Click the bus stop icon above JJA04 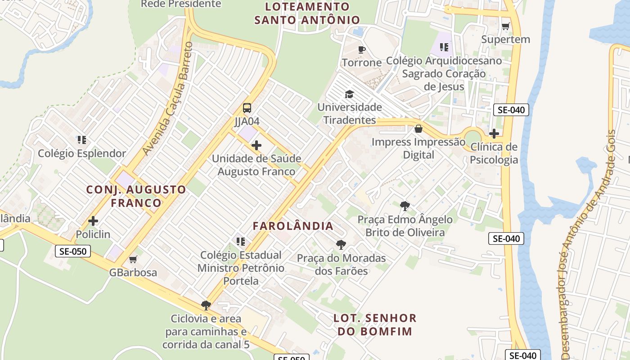pyautogui.click(x=247, y=108)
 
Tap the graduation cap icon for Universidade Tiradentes pyautogui.click(x=349, y=94)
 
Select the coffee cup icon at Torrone pyautogui.click(x=361, y=49)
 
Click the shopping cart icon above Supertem pyautogui.click(x=505, y=26)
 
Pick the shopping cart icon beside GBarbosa pyautogui.click(x=133, y=260)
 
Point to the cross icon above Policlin pyautogui.click(x=93, y=221)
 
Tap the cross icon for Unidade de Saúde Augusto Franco pyautogui.click(x=256, y=145)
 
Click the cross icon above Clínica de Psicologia pyautogui.click(x=494, y=134)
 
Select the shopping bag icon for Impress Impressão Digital pyautogui.click(x=418, y=129)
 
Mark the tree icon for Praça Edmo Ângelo pyautogui.click(x=405, y=206)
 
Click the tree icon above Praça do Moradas pyautogui.click(x=341, y=245)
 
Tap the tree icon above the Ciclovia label pyautogui.click(x=206, y=306)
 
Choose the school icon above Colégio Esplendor pyautogui.click(x=82, y=140)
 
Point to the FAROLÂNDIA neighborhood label pyautogui.click(x=293, y=226)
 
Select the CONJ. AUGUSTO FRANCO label pyautogui.click(x=136, y=196)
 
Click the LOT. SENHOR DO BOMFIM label pyautogui.click(x=375, y=324)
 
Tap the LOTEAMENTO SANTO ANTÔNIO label pyautogui.click(x=307, y=13)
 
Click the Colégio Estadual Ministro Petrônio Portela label pyautogui.click(x=241, y=268)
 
